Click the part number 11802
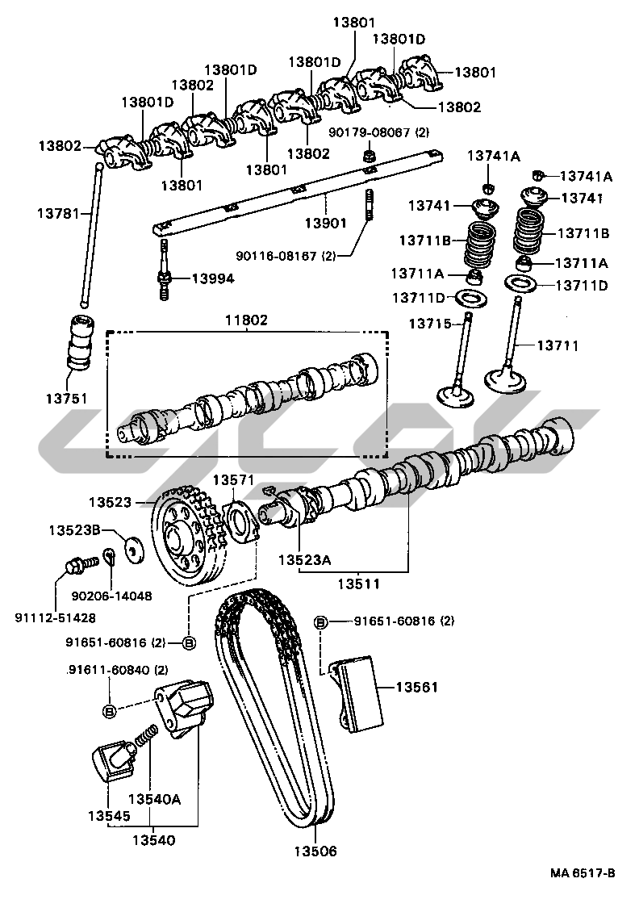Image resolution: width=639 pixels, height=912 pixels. tap(246, 320)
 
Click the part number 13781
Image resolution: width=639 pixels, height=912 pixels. tap(58, 213)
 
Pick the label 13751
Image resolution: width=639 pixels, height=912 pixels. tap(66, 399)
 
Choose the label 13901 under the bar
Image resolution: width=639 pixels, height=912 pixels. tap(325, 222)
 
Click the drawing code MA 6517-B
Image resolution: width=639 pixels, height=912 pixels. tap(583, 873)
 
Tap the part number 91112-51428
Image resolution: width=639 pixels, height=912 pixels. tap(54, 618)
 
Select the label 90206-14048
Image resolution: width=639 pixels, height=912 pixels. tap(112, 596)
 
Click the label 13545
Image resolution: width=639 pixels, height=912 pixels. tap(109, 816)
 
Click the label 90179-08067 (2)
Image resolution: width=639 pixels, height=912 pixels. tap(378, 132)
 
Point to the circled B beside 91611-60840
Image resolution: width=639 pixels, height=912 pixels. tap(109, 710)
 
